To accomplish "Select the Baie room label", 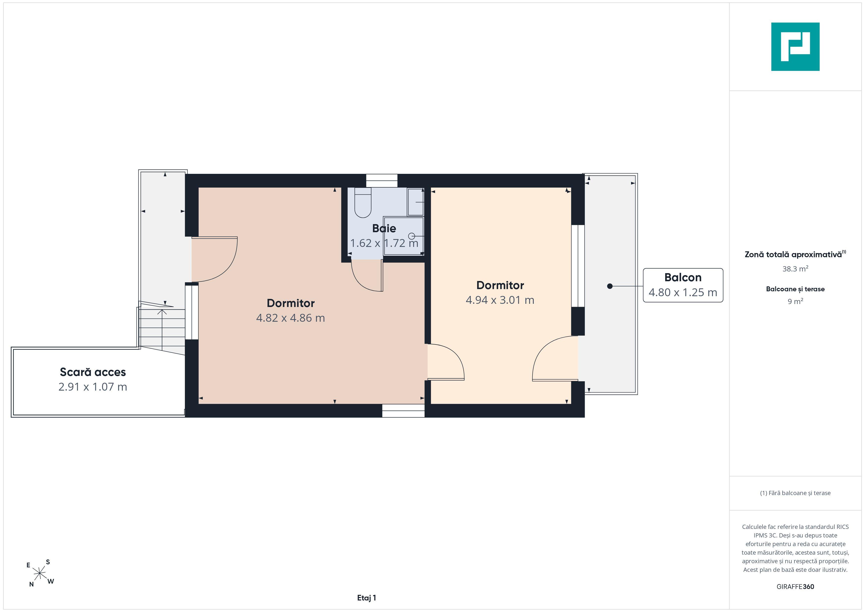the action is coord(384,228).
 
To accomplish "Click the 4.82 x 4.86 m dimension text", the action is coord(291,318).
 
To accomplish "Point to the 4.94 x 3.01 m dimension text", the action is coord(500,300).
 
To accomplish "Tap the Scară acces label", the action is coord(93,372).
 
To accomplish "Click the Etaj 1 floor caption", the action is coord(367,598).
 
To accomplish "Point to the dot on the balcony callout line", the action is coord(610,286).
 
